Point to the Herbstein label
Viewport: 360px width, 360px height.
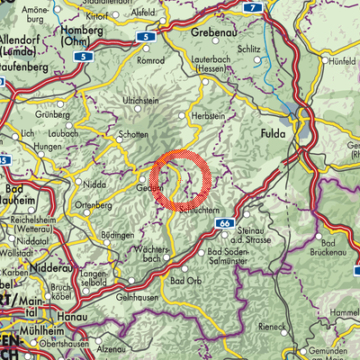208,116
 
